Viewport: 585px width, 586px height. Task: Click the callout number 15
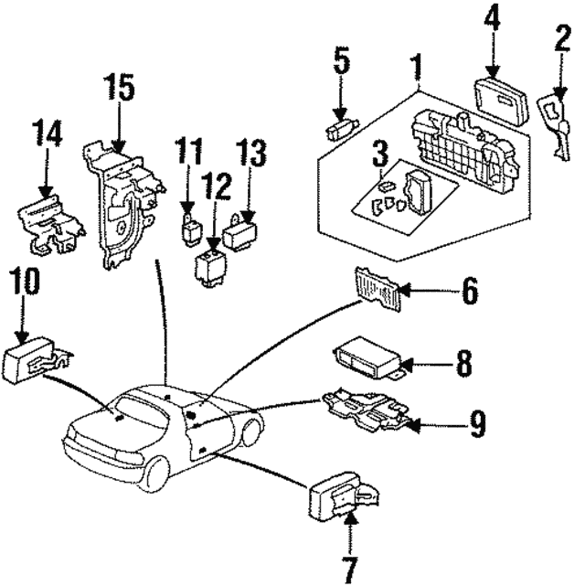119,89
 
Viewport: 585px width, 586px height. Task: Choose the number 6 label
468,292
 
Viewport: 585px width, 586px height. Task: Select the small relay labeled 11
190,226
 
